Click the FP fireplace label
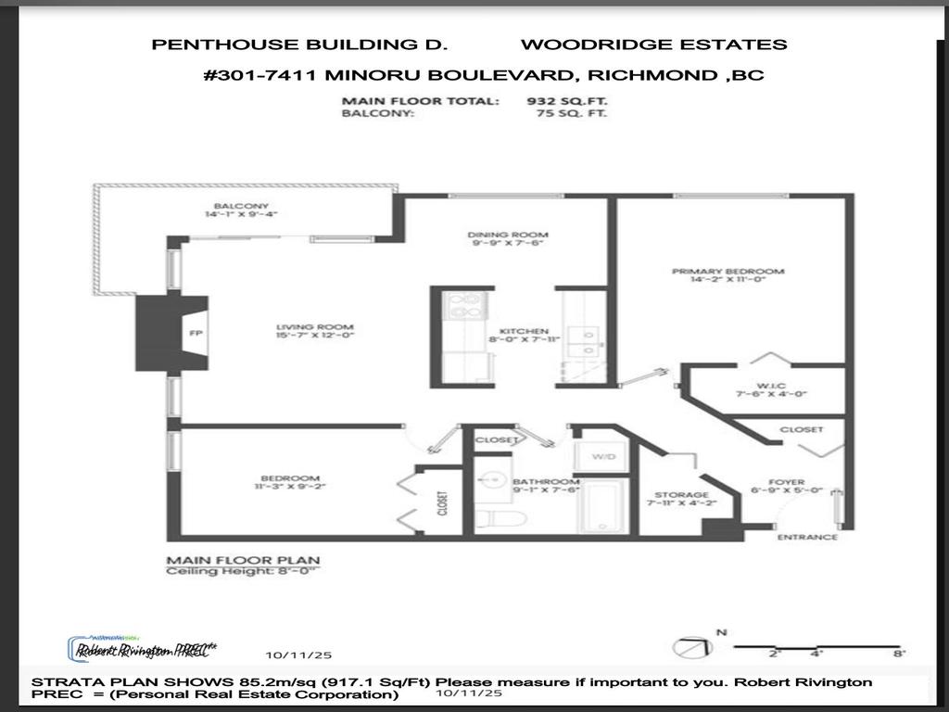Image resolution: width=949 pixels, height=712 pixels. pos(195,334)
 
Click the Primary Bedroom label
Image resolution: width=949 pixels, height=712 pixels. pos(728,272)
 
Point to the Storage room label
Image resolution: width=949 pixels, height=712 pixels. pos(681,495)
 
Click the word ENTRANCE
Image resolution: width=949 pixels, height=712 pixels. pos(807,537)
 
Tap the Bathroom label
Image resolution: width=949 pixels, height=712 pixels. pos(546,482)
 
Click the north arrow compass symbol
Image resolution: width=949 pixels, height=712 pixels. pos(690,645)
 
